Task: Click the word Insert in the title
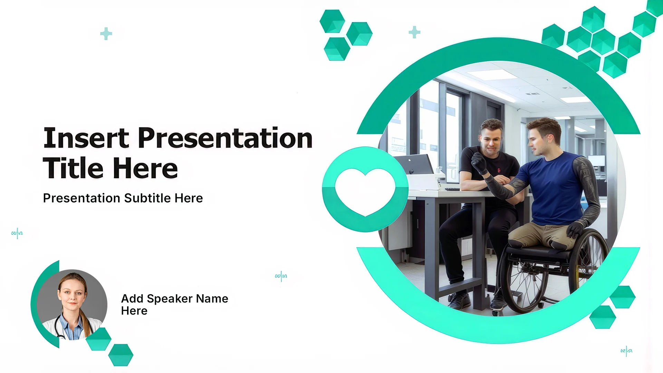(86, 138)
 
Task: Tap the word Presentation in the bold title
(225, 138)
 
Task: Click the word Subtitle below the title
(147, 198)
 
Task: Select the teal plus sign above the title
(106, 34)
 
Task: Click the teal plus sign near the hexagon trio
(414, 32)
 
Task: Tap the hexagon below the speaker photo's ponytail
(99, 339)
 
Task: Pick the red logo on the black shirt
(499, 170)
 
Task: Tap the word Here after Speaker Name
(134, 311)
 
